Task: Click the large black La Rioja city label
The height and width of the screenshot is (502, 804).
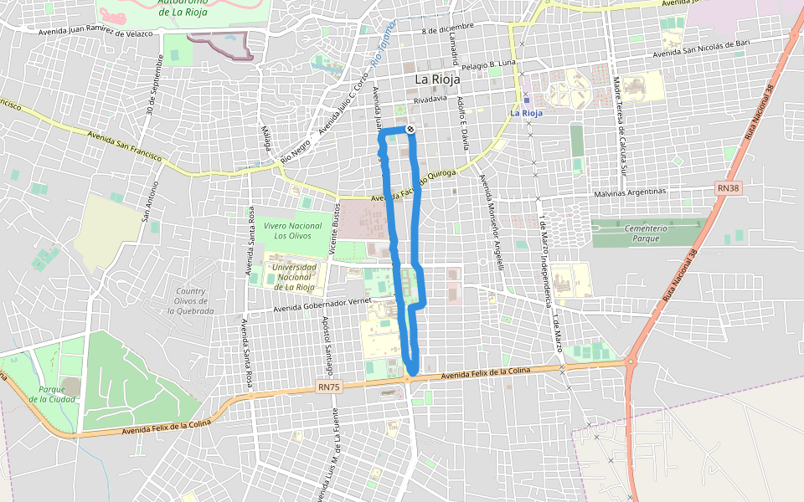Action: click(438, 79)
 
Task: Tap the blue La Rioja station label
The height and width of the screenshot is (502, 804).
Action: click(527, 112)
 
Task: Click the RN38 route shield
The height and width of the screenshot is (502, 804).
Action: click(729, 189)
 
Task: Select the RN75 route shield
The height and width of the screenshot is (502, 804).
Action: click(328, 387)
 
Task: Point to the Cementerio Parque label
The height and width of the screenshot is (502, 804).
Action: click(646, 233)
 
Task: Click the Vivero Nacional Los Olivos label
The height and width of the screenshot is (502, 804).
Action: click(292, 231)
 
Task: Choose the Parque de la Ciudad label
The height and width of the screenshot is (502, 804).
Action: click(52, 394)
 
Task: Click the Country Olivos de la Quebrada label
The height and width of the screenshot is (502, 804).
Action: click(191, 301)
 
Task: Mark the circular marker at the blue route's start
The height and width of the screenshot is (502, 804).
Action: click(410, 129)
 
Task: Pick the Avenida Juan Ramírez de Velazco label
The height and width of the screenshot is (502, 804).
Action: click(95, 33)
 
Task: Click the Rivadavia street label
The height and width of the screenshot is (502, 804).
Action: click(430, 99)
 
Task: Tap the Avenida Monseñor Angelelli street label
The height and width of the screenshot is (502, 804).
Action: click(491, 222)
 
